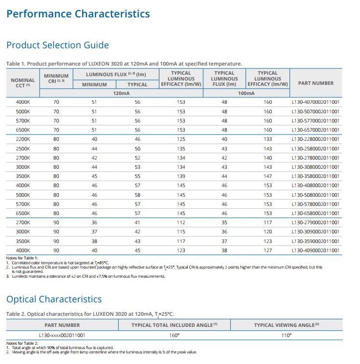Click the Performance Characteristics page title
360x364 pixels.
point(78,13)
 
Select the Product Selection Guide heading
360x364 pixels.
point(57,45)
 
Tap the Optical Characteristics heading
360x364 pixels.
point(54,299)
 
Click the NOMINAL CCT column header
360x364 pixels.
point(23,83)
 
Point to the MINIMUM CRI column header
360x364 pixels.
point(56,79)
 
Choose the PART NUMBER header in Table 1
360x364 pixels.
point(316,83)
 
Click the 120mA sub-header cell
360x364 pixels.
point(121,94)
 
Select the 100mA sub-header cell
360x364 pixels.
point(246,94)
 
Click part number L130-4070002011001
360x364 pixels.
point(316,102)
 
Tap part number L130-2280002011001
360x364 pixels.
point(316,139)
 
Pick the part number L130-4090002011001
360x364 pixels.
point(316,251)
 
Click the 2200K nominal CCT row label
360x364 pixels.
point(23,139)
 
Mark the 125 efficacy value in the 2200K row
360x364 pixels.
point(181,139)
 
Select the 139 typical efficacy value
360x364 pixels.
point(181,176)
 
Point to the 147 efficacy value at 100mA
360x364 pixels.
point(268,176)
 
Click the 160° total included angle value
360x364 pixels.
point(174,335)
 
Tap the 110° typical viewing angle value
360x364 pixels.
point(286,335)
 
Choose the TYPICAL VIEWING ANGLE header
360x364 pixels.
point(286,325)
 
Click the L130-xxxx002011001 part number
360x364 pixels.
point(62,335)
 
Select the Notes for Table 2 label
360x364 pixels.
point(22,343)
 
